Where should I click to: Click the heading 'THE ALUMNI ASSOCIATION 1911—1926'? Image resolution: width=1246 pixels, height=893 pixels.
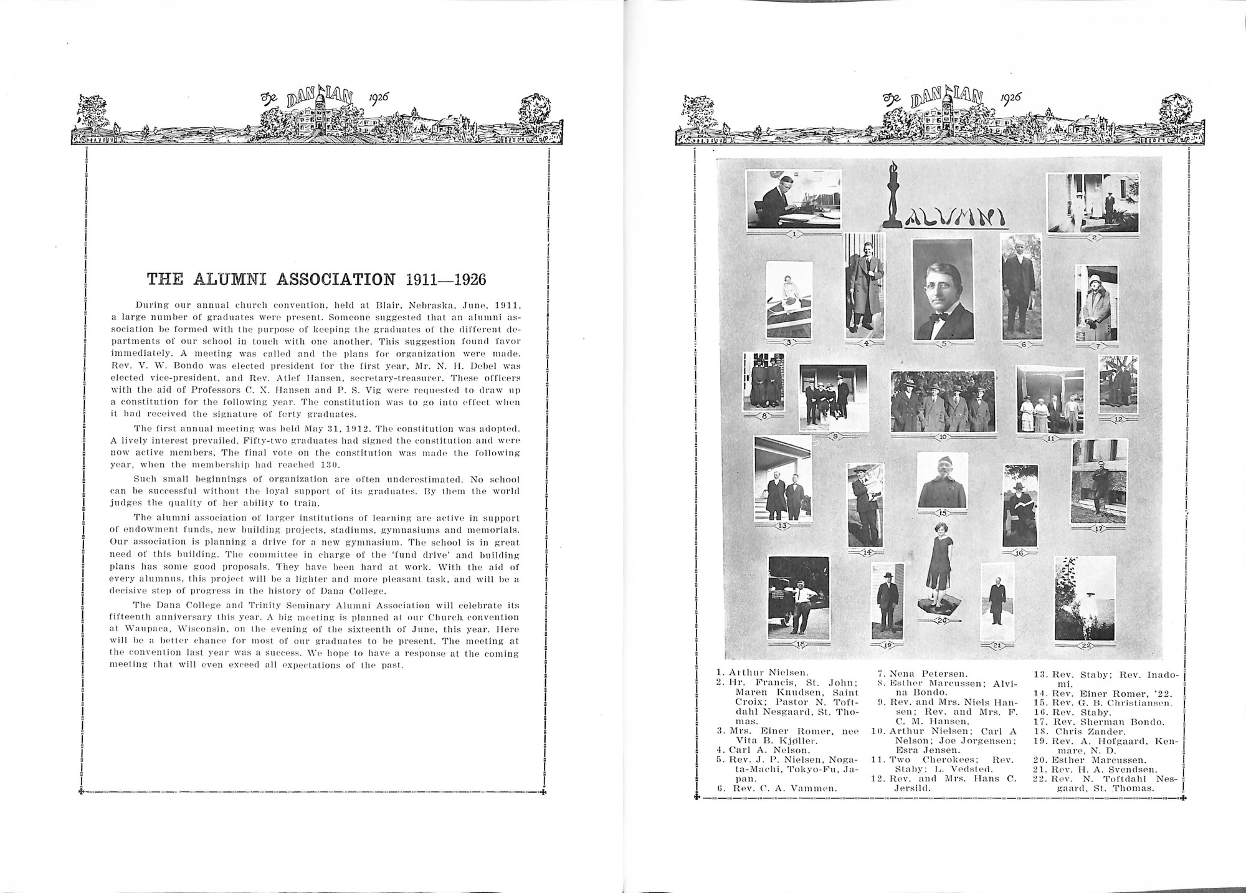[x=316, y=279]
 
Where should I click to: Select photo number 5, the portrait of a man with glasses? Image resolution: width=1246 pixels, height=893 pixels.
[x=942, y=290]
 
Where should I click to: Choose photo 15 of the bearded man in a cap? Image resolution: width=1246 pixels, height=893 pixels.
[x=943, y=481]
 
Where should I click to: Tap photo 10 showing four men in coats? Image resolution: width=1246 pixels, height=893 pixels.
[x=942, y=402]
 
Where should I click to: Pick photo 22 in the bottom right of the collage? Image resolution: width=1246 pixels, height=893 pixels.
[x=1083, y=598]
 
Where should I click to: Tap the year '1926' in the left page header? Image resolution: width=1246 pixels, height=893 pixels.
[x=378, y=98]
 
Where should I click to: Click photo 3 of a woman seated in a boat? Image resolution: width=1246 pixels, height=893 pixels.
[x=789, y=299]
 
